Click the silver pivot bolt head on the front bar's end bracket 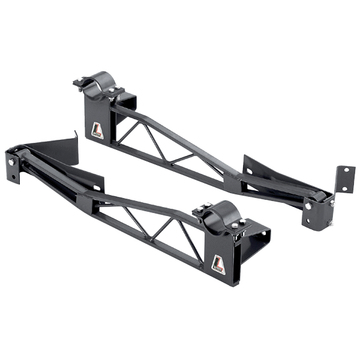pyautogui.click(x=11, y=164)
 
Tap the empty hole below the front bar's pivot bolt pyautogui.click(x=12, y=178)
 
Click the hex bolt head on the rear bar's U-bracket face pyautogui.click(x=308, y=206)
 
